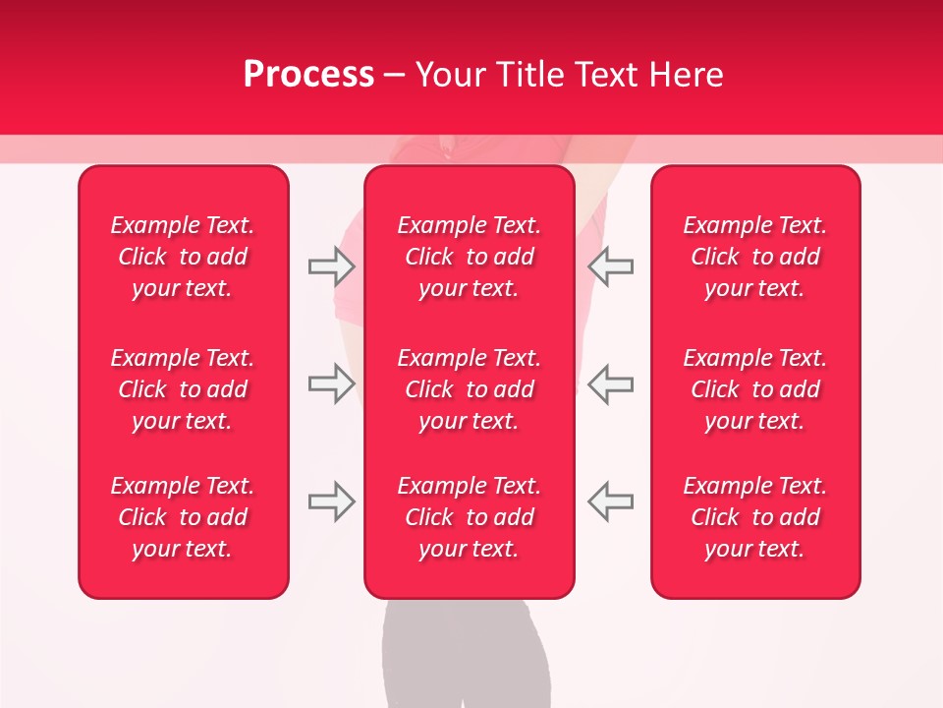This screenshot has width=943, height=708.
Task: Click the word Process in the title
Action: [308, 75]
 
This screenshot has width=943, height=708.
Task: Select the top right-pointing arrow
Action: [331, 266]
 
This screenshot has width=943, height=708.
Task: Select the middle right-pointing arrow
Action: [331, 383]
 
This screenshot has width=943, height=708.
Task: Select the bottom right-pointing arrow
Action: [331, 501]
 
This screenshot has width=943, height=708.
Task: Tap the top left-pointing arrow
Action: [610, 266]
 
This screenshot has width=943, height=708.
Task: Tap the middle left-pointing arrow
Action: [610, 383]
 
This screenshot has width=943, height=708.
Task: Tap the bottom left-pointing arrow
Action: [610, 501]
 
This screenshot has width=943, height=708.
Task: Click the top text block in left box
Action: [183, 257]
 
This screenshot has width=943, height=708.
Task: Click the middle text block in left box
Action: [183, 389]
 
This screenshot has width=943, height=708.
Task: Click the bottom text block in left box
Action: [183, 517]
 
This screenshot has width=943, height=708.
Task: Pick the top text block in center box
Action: [469, 257]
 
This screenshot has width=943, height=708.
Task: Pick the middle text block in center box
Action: [469, 389]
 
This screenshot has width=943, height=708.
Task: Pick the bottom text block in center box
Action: [469, 517]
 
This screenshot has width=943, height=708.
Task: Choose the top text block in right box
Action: [754, 257]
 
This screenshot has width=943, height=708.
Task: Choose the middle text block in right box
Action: [754, 389]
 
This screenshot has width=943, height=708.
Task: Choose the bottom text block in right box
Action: [754, 517]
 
